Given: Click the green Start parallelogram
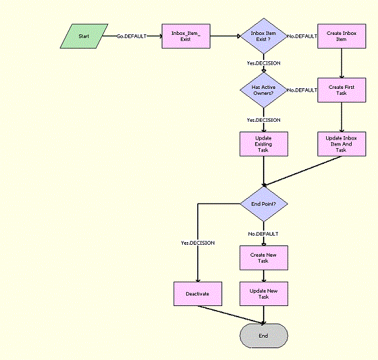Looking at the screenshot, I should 83,36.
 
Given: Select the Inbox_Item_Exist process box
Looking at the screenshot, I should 186,36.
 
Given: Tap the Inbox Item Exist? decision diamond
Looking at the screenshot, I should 263,36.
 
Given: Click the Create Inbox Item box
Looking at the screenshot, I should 341,36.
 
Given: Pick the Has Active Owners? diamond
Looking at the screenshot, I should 263,90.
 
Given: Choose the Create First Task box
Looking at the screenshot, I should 341,90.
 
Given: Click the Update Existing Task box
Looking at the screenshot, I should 263,143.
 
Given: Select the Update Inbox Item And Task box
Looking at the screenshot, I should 341,143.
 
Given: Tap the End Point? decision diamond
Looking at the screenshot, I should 263,203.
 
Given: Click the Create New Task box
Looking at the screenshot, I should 263,257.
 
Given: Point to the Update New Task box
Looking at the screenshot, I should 263,294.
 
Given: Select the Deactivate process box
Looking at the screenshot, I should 197,294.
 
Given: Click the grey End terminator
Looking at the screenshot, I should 263,336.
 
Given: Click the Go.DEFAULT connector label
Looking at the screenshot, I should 131,36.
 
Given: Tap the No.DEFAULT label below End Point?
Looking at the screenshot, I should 263,234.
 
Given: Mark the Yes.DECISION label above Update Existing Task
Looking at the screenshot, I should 263,120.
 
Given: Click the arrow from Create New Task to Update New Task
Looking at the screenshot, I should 263,275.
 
